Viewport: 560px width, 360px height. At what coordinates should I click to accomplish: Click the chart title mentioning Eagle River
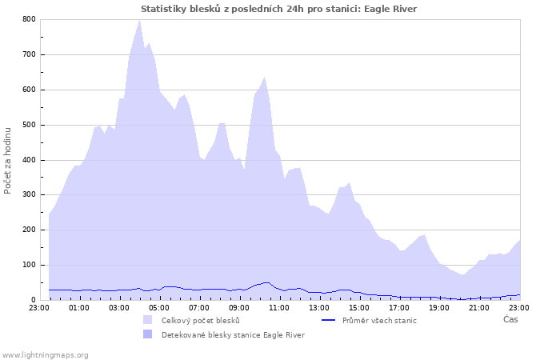[278, 9]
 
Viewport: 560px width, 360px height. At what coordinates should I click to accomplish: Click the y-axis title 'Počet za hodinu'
[8, 159]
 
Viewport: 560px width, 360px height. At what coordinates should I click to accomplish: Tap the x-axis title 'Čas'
[510, 319]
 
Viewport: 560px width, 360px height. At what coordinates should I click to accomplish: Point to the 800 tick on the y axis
[29, 19]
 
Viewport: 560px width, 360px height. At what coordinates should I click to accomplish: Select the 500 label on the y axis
[29, 125]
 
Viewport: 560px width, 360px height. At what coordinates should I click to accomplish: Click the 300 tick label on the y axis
[29, 195]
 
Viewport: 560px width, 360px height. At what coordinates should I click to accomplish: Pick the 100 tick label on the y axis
[29, 265]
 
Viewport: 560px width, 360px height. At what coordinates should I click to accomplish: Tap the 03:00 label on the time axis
[119, 307]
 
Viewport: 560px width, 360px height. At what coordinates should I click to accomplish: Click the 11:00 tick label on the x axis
[279, 307]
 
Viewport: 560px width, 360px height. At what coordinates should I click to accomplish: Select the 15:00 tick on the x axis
[359, 307]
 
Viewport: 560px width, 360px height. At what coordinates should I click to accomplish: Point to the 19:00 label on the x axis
[439, 307]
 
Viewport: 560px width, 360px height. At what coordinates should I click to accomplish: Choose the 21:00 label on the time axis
[479, 307]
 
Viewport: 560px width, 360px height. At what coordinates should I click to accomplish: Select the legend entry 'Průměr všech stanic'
[379, 320]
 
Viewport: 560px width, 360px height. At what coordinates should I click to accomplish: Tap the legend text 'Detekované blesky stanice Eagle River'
[233, 334]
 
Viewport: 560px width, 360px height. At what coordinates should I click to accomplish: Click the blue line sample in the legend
[327, 320]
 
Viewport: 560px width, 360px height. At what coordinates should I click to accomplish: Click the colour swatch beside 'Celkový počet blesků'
[147, 320]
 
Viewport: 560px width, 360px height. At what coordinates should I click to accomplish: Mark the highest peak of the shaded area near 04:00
[140, 21]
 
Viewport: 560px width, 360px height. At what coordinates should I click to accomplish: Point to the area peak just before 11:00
[264, 78]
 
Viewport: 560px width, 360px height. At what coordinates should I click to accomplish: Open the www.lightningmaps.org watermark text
[45, 354]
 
